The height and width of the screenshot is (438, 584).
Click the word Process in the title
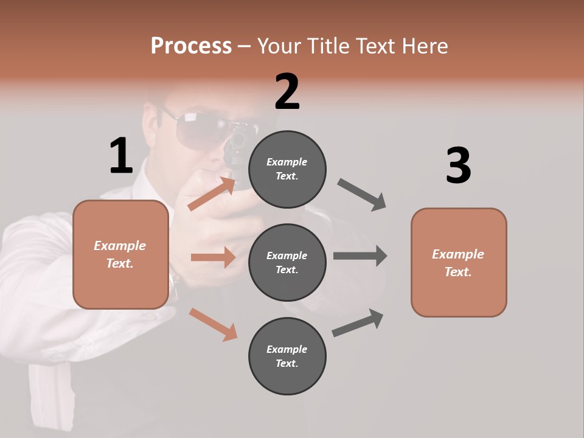(191, 46)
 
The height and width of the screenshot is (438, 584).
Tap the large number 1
(121, 156)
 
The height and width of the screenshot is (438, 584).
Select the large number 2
(287, 92)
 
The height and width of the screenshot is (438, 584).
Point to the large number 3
(458, 166)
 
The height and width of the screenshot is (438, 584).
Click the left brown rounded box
(120, 254)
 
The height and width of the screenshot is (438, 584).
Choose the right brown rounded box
(459, 262)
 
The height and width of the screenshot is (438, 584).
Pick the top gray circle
(287, 169)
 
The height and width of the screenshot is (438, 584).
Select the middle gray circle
(287, 262)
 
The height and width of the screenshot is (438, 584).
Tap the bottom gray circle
(287, 356)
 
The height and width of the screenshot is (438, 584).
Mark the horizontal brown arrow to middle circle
(213, 257)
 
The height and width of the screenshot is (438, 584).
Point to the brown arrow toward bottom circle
(213, 324)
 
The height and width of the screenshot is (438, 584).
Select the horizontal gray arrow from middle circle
(360, 255)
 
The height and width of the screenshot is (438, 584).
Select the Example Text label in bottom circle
(287, 356)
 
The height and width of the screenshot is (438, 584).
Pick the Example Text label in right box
(458, 263)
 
